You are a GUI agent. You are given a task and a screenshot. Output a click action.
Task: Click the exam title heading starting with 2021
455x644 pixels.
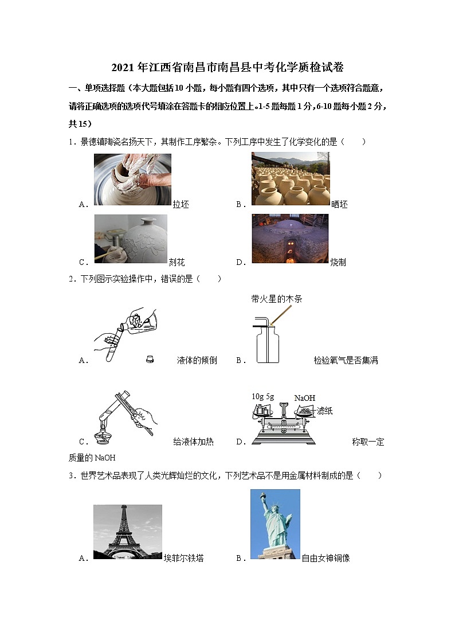(227, 68)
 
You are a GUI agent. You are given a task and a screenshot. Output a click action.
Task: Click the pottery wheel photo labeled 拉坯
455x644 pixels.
(132, 179)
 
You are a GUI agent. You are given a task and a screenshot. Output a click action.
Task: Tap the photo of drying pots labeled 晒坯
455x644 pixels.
(291, 179)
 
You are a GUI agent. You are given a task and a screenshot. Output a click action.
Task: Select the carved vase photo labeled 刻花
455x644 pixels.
(131, 239)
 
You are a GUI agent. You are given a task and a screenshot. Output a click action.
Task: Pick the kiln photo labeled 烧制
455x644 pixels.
(290, 239)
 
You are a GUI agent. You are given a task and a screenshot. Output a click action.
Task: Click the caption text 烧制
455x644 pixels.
(338, 263)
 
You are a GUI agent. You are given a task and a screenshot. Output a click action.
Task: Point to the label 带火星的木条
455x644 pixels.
(276, 299)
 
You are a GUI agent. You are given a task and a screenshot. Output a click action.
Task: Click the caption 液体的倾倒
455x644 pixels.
(197, 361)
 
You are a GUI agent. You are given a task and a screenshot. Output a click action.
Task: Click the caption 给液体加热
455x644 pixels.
(193, 442)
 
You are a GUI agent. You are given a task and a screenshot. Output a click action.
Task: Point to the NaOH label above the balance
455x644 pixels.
(304, 398)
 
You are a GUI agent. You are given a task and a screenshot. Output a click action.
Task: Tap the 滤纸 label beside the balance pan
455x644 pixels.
(325, 411)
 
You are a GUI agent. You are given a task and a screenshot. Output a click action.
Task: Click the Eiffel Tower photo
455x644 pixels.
(127, 532)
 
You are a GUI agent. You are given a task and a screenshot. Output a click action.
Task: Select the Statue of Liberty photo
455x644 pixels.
(275, 524)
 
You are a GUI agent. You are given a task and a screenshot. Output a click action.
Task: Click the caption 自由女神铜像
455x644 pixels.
(325, 558)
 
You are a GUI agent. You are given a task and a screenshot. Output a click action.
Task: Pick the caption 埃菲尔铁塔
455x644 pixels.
(183, 558)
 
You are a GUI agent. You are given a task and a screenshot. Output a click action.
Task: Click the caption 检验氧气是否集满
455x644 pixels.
(346, 361)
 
